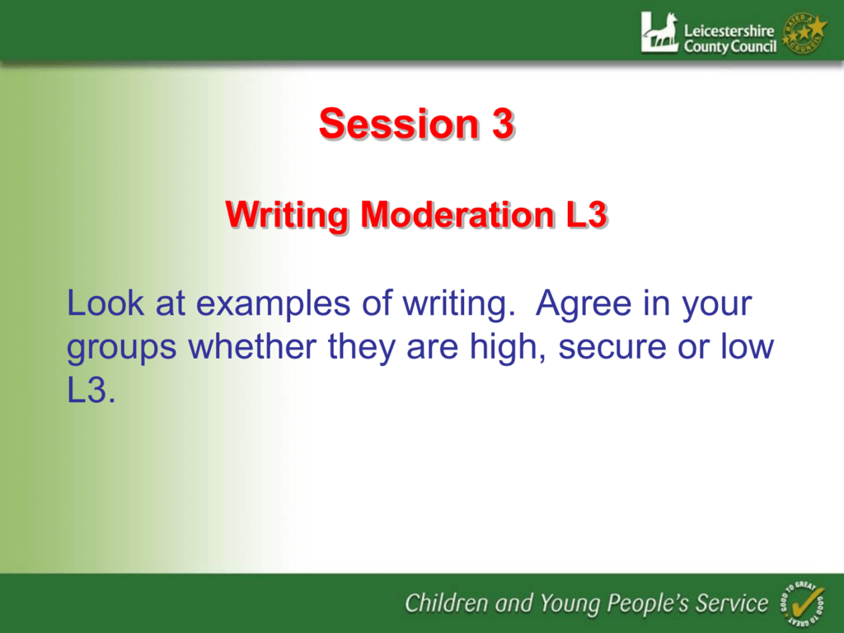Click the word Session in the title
click(399, 124)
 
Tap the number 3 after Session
click(503, 124)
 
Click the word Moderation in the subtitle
click(457, 215)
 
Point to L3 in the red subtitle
click(587, 215)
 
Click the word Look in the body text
click(105, 302)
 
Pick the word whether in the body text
click(252, 346)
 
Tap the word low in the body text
click(747, 346)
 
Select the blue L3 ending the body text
click(91, 390)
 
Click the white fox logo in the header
click(659, 32)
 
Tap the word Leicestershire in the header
click(729, 30)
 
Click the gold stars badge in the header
click(804, 33)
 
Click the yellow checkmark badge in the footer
click(801, 603)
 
